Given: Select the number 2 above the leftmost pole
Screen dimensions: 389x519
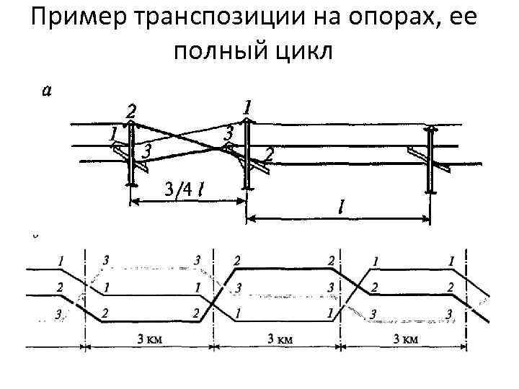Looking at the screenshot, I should click(130, 111).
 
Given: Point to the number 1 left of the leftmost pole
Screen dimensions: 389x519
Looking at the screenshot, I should click(112, 133).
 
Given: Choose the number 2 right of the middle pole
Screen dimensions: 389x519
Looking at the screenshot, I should click(269, 153).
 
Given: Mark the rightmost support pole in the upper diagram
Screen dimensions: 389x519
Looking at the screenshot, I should click(432, 160).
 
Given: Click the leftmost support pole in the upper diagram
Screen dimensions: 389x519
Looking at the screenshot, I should click(131, 155).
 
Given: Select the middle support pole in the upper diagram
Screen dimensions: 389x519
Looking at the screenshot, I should click(247, 155).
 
